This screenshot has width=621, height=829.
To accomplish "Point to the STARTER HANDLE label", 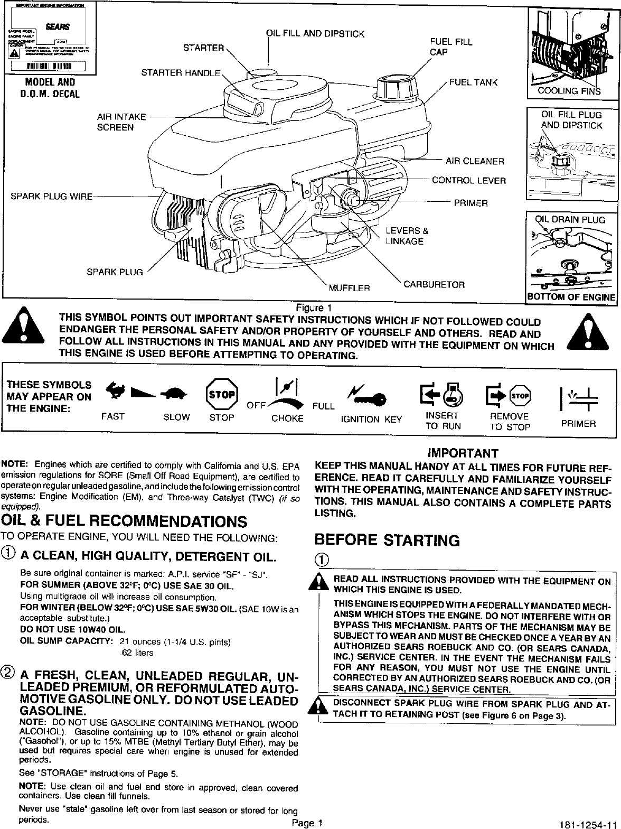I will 180,72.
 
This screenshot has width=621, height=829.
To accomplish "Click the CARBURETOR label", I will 434,285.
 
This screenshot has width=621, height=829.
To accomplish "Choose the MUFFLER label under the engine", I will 349,288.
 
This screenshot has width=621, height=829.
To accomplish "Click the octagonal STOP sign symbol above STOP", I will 222,394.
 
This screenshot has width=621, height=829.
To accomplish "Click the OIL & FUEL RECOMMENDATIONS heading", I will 125,521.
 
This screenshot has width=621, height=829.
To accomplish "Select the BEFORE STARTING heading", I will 387,540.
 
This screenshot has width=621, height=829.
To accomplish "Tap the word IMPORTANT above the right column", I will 463,453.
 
